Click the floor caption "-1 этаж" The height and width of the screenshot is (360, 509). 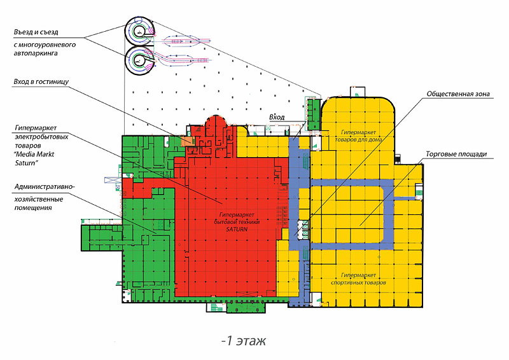[244, 341]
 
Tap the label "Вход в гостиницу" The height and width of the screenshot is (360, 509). [41, 81]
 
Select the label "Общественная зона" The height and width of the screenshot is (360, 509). [458, 93]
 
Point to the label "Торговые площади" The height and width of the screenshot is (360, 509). [456, 154]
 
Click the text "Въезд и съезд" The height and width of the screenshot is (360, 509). [36, 32]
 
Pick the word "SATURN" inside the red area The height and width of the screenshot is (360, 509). [237, 229]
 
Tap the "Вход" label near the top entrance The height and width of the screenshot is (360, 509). [277, 117]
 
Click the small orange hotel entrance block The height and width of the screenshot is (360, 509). [188, 141]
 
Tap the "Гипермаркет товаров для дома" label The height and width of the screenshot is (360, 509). [358, 136]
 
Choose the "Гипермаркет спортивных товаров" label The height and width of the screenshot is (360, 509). [358, 279]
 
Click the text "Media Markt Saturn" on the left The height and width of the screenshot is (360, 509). [34, 158]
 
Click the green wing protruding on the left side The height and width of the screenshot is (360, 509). [102, 238]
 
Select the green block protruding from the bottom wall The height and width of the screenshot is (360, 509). [246, 307]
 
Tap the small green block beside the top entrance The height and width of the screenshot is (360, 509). [314, 114]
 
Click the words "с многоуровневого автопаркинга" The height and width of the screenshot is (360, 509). [45, 49]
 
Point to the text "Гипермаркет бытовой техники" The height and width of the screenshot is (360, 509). [237, 218]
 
